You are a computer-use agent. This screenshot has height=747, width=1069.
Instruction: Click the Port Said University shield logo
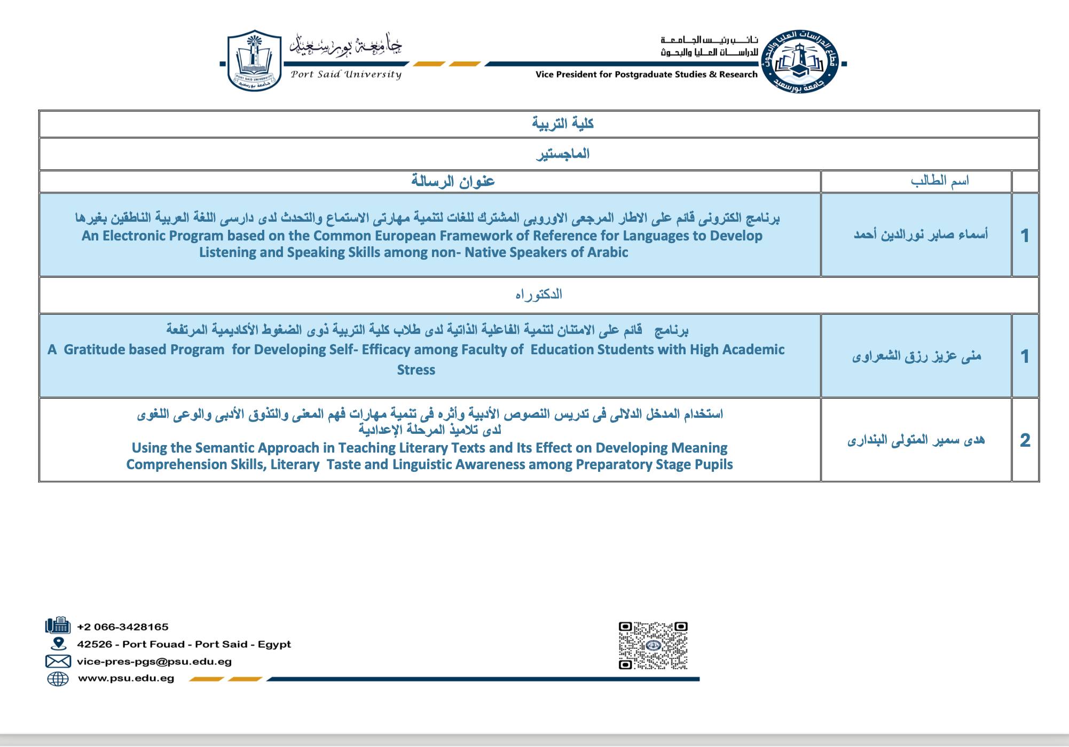pyautogui.click(x=254, y=60)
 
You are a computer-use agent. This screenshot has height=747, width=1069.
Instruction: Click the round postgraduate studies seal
pyautogui.click(x=800, y=61)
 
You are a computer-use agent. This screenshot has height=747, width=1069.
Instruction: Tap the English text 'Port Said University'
pyautogui.click(x=346, y=74)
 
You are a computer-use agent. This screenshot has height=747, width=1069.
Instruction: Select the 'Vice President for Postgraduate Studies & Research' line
pyautogui.click(x=646, y=74)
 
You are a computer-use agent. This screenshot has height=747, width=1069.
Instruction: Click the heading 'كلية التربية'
pyautogui.click(x=563, y=123)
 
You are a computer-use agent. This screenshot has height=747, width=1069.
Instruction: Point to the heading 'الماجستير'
pyautogui.click(x=563, y=154)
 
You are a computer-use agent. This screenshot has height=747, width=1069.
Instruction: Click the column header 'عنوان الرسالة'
pyautogui.click(x=453, y=181)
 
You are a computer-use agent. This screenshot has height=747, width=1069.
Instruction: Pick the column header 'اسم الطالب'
pyautogui.click(x=939, y=181)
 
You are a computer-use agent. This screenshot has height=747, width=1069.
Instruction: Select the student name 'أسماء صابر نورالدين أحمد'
pyautogui.click(x=921, y=235)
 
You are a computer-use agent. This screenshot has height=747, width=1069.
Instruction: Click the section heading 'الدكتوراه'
pyautogui.click(x=539, y=294)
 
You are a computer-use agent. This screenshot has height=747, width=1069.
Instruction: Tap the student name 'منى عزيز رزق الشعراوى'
pyautogui.click(x=916, y=356)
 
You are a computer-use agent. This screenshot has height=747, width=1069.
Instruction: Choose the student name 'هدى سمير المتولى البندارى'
pyautogui.click(x=916, y=440)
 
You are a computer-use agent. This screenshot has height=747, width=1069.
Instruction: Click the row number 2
pyautogui.click(x=1025, y=440)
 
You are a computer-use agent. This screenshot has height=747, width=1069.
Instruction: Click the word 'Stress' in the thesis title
pyautogui.click(x=416, y=370)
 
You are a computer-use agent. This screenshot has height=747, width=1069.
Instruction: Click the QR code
pyautogui.click(x=653, y=645)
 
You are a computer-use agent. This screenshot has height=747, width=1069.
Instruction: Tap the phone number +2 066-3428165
pyautogui.click(x=123, y=627)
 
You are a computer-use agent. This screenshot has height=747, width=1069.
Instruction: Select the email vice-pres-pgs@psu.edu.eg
pyautogui.click(x=154, y=662)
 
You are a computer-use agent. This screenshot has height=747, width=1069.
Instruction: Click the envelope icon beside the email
pyautogui.click(x=58, y=662)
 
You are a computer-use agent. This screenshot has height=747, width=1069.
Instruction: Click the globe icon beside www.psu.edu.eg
pyautogui.click(x=58, y=679)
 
